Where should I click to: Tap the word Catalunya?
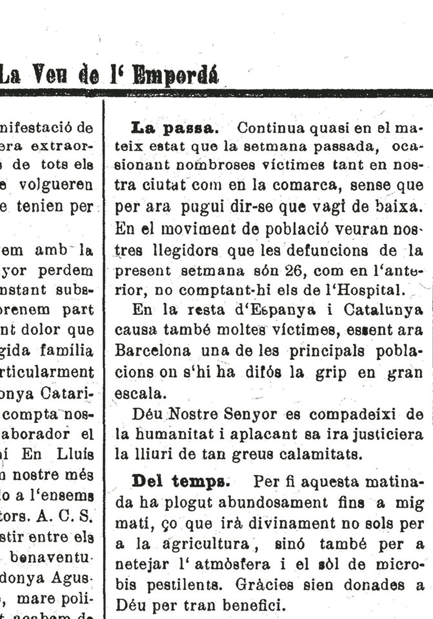click(384, 310)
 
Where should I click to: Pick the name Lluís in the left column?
click(76, 454)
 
